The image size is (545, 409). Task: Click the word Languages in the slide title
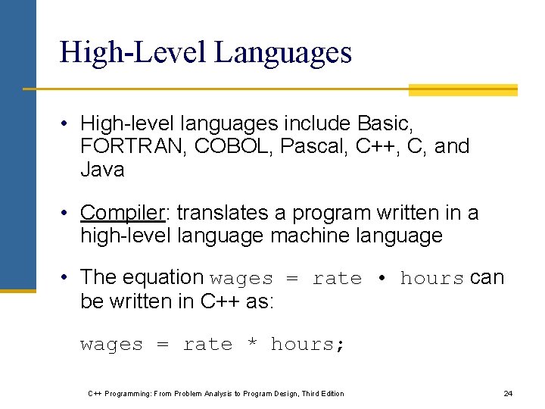(x=283, y=53)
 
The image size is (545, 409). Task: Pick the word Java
(x=102, y=170)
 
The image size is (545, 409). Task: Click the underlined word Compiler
(x=121, y=213)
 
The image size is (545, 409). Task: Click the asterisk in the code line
(x=252, y=345)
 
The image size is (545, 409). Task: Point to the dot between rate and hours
(x=381, y=278)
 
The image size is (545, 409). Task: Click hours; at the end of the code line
(x=308, y=345)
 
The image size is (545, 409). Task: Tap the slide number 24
(x=508, y=394)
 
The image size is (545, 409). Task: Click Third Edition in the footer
(x=322, y=394)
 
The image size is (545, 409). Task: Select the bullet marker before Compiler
(x=67, y=214)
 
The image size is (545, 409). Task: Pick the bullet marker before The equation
(x=67, y=278)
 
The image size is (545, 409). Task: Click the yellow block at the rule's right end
(x=462, y=90)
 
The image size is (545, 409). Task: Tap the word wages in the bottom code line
(x=111, y=345)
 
